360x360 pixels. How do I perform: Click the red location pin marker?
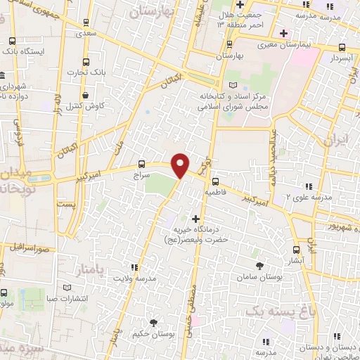coord(181,165)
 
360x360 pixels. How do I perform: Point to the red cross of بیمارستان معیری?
coord(283,33)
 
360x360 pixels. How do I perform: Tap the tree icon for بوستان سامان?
coord(259,265)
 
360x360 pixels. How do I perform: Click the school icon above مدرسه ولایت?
coord(134,267)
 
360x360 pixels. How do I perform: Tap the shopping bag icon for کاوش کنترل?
coord(85,95)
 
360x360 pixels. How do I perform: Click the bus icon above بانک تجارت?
coord(86,61)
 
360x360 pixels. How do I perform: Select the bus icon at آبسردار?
coord(342,48)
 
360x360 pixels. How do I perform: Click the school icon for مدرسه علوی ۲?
coord(307,186)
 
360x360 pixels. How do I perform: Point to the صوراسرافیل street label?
coord(33,248)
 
